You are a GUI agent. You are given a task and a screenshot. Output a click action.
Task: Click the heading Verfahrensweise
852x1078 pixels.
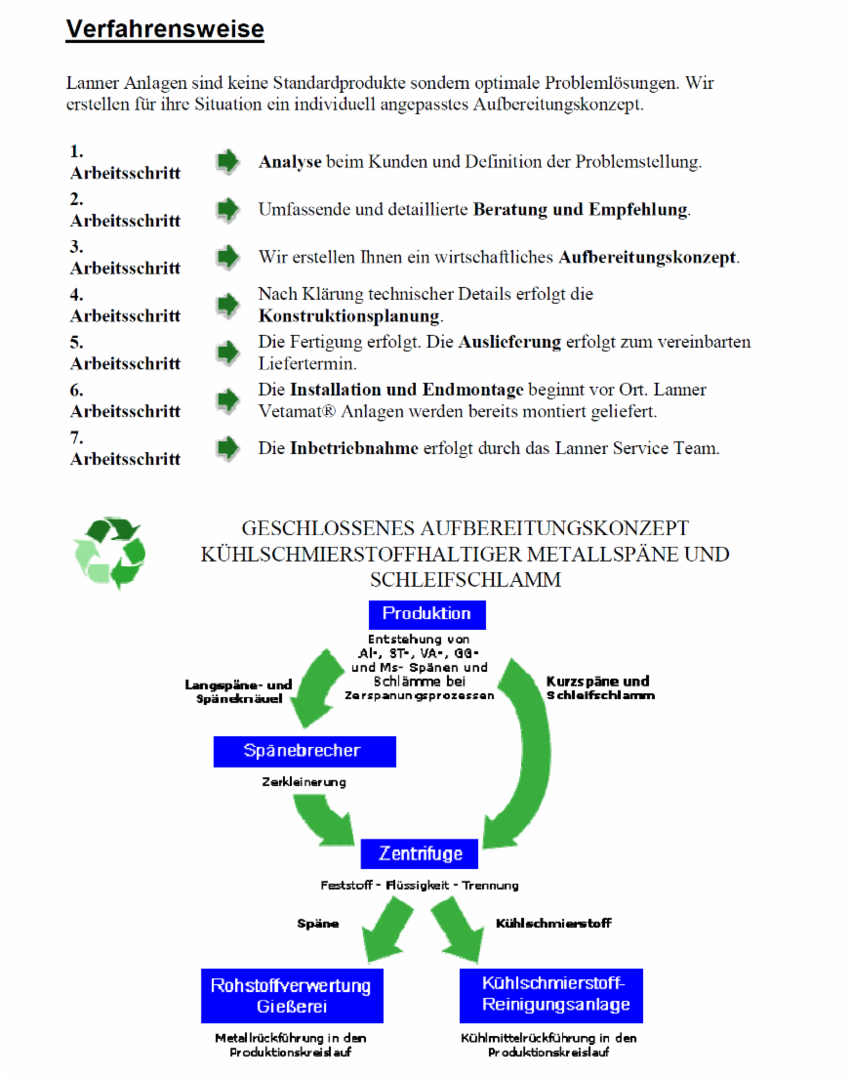coord(165,29)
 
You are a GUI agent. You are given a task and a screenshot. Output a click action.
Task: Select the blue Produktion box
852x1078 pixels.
coord(426,614)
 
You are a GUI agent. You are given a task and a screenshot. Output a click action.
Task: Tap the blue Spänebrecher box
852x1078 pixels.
coord(304,751)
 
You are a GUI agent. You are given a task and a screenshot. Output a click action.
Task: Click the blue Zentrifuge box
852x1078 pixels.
coord(420,853)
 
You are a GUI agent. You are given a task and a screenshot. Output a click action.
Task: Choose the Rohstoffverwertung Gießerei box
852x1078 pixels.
coord(291,996)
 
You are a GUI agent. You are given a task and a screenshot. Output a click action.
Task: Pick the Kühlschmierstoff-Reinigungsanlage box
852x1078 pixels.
coord(550,994)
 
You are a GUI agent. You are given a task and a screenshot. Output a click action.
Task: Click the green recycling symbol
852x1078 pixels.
coord(109,553)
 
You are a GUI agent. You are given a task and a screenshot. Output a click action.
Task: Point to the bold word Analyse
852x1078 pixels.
coord(290,162)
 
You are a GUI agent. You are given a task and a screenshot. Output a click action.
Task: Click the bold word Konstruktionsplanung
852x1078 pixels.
coord(349,316)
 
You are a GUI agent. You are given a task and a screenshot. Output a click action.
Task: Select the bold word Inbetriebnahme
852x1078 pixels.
coord(353,449)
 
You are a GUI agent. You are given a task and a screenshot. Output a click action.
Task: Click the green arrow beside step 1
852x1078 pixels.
coord(227,162)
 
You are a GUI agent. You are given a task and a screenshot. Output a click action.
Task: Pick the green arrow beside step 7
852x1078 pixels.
coord(227,448)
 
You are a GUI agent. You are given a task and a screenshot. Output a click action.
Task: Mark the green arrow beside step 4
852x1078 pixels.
coord(227,305)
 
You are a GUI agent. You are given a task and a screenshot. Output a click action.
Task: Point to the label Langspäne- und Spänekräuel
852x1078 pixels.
coord(238,692)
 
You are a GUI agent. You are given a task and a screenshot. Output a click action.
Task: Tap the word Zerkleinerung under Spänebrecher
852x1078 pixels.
coord(304,782)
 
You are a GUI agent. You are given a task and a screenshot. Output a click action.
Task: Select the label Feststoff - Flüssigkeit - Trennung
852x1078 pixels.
coord(420,886)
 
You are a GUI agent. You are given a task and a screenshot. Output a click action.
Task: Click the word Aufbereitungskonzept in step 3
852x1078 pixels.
coord(647,258)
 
